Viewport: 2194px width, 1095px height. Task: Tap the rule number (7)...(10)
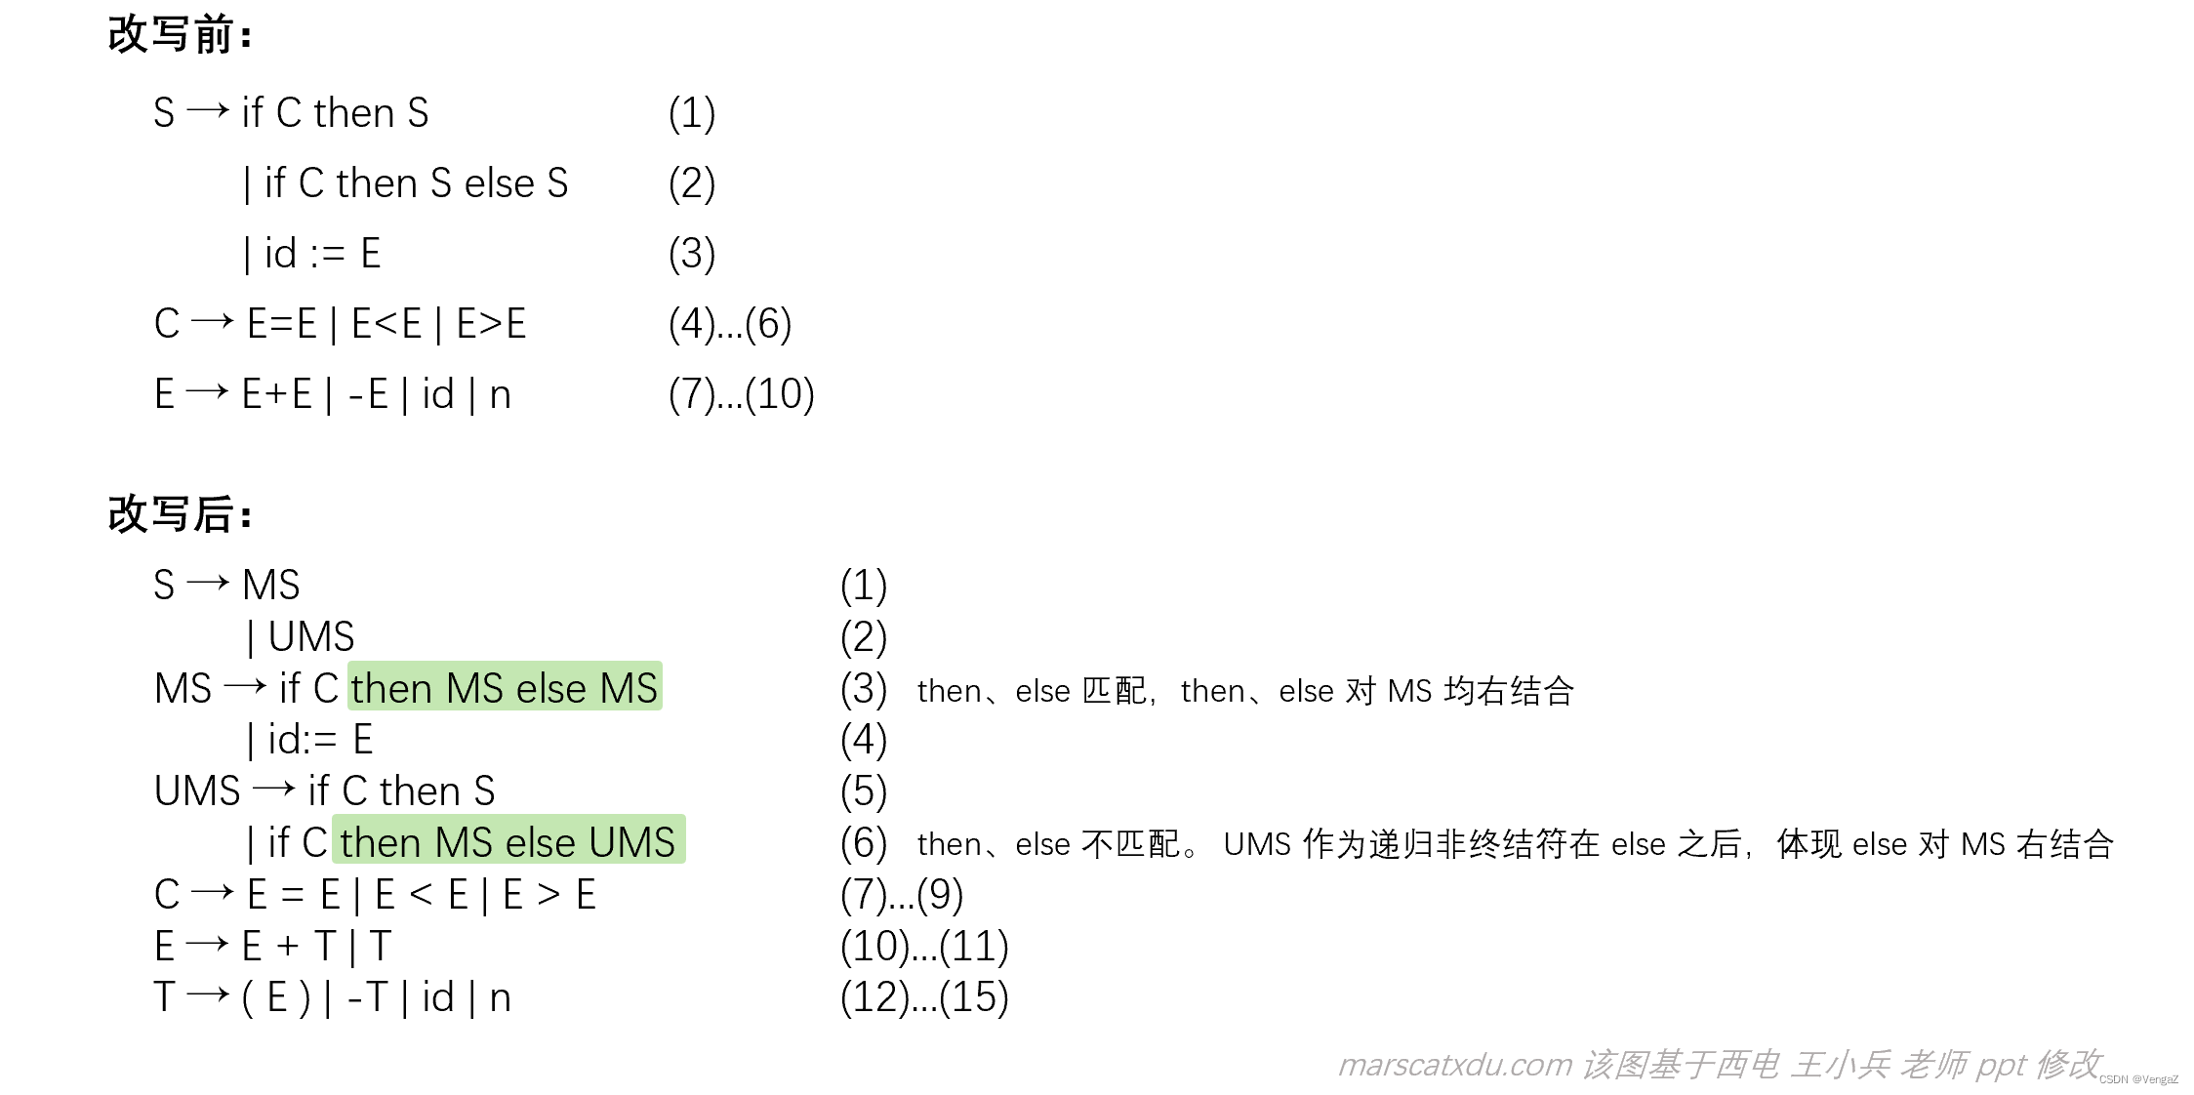pyautogui.click(x=741, y=394)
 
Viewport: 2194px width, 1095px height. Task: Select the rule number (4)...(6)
pyautogui.click(x=729, y=324)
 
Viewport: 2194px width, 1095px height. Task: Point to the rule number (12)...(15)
pyautogui.click(x=923, y=997)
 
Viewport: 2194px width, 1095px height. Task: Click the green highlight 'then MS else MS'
pyautogui.click(x=505, y=687)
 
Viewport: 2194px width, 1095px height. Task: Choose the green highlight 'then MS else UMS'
pyautogui.click(x=508, y=841)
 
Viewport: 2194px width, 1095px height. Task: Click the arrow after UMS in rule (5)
pyautogui.click(x=273, y=789)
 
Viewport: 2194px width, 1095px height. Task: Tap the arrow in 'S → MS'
pyautogui.click(x=207, y=584)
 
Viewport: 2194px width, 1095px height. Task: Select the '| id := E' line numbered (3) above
pyautogui.click(x=312, y=254)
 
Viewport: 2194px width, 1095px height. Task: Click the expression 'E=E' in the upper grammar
pyautogui.click(x=281, y=324)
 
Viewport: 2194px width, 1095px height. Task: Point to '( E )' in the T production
pyautogui.click(x=275, y=997)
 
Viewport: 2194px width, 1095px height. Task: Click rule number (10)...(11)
pyautogui.click(x=923, y=946)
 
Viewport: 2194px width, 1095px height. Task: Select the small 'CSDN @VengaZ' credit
pyautogui.click(x=2137, y=1079)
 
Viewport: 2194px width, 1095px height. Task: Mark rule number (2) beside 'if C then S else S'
pyautogui.click(x=691, y=183)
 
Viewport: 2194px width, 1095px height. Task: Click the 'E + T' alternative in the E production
pyautogui.click(x=288, y=946)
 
